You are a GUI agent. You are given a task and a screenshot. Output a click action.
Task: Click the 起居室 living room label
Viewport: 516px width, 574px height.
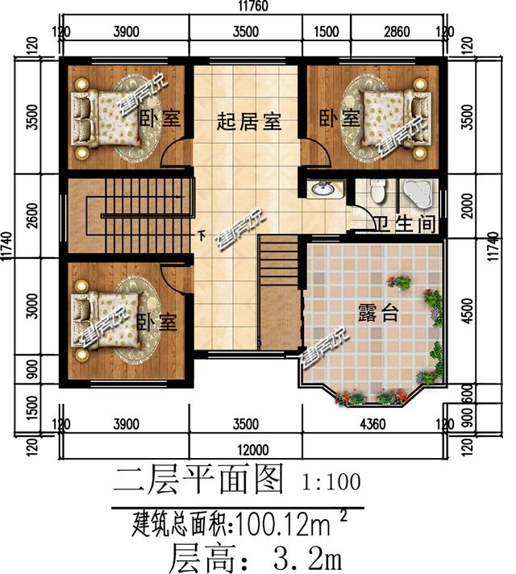(249, 123)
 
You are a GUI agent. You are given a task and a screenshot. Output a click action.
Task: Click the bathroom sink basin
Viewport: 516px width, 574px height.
(327, 189)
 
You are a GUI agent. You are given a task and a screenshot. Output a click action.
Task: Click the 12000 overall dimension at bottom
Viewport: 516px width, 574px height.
(253, 449)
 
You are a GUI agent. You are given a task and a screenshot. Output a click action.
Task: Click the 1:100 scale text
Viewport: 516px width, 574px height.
(331, 483)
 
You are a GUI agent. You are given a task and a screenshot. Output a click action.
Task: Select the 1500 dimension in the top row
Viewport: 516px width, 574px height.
(325, 32)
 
